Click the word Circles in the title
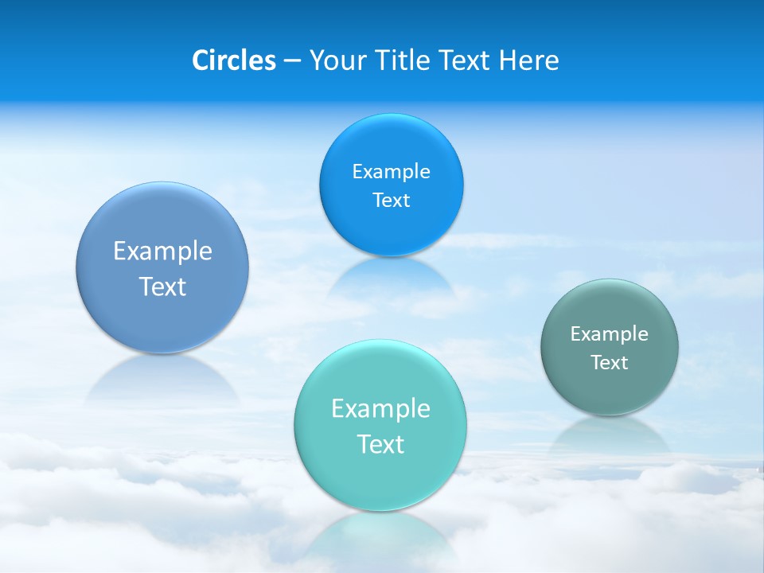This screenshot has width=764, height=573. (x=233, y=60)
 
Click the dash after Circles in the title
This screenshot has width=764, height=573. (x=292, y=61)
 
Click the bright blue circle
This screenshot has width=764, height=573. (x=391, y=185)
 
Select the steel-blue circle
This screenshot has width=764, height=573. (x=162, y=267)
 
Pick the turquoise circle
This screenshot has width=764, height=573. (x=380, y=425)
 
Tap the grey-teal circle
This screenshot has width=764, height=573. (x=610, y=347)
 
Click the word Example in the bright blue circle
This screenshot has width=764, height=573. (x=391, y=171)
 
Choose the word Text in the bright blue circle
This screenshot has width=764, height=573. (x=391, y=200)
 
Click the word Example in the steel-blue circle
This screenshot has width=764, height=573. (x=162, y=251)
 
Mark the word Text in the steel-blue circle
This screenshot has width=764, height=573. (x=162, y=286)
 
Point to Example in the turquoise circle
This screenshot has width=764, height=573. (x=380, y=408)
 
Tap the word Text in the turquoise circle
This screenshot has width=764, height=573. (x=380, y=444)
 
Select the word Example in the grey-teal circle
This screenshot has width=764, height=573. (x=610, y=333)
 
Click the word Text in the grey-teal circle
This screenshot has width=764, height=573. (x=610, y=362)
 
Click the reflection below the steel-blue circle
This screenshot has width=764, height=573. (x=162, y=379)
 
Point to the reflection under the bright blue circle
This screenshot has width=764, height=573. (x=390, y=279)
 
